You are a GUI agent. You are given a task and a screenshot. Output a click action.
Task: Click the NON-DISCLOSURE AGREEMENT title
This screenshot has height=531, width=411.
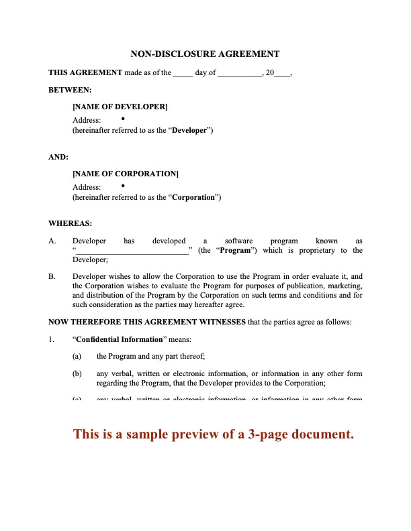pos(205,54)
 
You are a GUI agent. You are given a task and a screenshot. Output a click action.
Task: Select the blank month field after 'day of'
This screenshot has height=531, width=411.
pos(239,73)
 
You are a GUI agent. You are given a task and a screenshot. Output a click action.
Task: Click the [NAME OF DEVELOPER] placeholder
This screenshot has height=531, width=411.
pos(120,106)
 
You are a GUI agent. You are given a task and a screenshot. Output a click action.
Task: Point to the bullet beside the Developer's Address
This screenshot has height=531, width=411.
pos(124,118)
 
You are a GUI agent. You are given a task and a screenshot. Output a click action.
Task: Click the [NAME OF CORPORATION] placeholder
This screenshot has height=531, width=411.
pos(126,174)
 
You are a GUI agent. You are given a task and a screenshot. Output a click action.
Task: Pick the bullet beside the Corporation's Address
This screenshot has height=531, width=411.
pos(124,186)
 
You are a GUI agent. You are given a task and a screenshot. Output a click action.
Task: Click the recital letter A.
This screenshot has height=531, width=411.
pos(52,240)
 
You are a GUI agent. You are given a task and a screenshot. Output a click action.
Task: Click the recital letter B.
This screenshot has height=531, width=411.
pos(52,276)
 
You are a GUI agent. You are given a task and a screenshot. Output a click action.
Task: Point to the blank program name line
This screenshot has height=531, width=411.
pos(132,251)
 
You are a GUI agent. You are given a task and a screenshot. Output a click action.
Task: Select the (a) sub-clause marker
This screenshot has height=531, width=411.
pos(77,356)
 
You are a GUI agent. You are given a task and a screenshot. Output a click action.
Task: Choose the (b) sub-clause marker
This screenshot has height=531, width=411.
pos(77,373)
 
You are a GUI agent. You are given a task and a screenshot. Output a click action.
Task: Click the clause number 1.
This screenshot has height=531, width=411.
pos(51,339)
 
